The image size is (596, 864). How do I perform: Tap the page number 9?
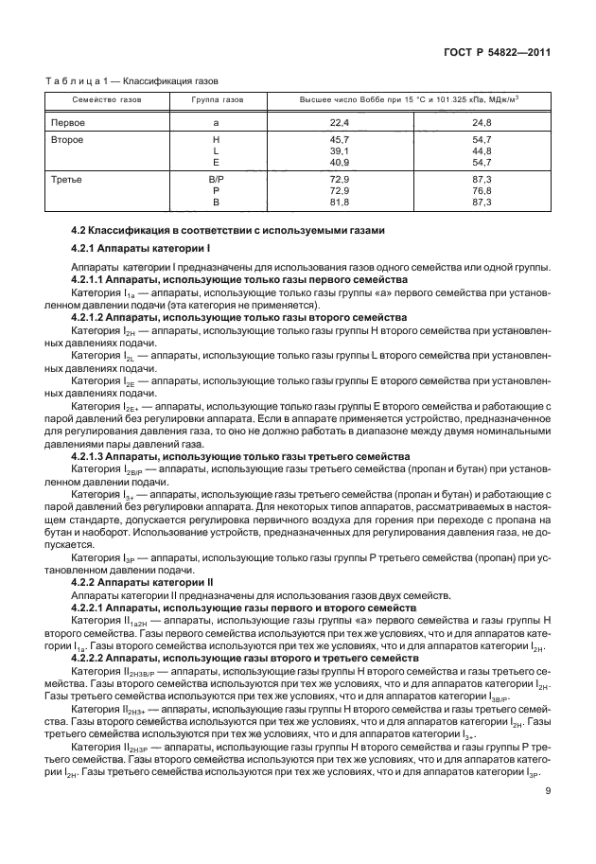pos(547,808)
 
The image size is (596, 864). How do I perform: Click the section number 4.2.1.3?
pos(92,456)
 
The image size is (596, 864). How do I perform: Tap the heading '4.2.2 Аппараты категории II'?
pos(139,582)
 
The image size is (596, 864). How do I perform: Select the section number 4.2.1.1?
pos(92,280)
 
